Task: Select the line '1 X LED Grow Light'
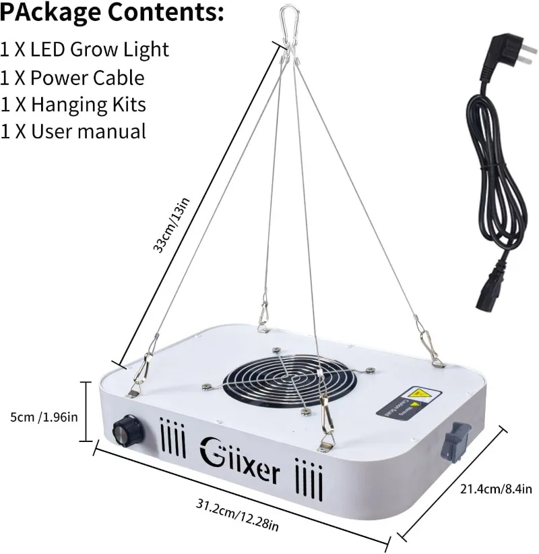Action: [x=85, y=50]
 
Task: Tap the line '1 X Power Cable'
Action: [x=73, y=78]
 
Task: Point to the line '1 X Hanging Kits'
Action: [x=73, y=105]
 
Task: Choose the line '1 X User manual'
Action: [x=73, y=131]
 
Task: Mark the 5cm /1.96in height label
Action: [x=40, y=416]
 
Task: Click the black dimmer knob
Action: [x=125, y=428]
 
